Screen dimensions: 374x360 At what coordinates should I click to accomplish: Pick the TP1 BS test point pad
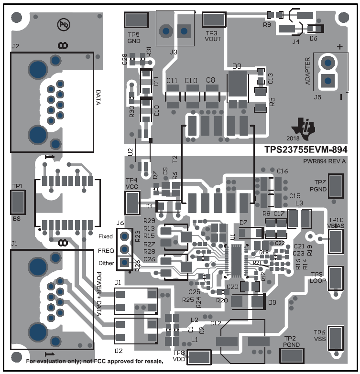[19, 203]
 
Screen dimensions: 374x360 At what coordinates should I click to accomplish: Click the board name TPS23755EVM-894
[306, 150]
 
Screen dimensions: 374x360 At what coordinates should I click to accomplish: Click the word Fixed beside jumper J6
[106, 236]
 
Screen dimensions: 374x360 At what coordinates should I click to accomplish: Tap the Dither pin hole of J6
[125, 262]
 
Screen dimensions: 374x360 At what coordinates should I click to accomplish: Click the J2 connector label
[15, 46]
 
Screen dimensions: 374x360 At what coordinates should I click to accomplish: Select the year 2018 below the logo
[300, 139]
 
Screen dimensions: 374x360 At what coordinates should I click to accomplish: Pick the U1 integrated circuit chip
[238, 261]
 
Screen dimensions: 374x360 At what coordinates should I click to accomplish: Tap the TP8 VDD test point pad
[200, 357]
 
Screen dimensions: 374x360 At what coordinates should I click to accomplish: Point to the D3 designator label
[237, 66]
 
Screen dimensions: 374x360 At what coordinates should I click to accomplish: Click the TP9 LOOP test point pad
[337, 278]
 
